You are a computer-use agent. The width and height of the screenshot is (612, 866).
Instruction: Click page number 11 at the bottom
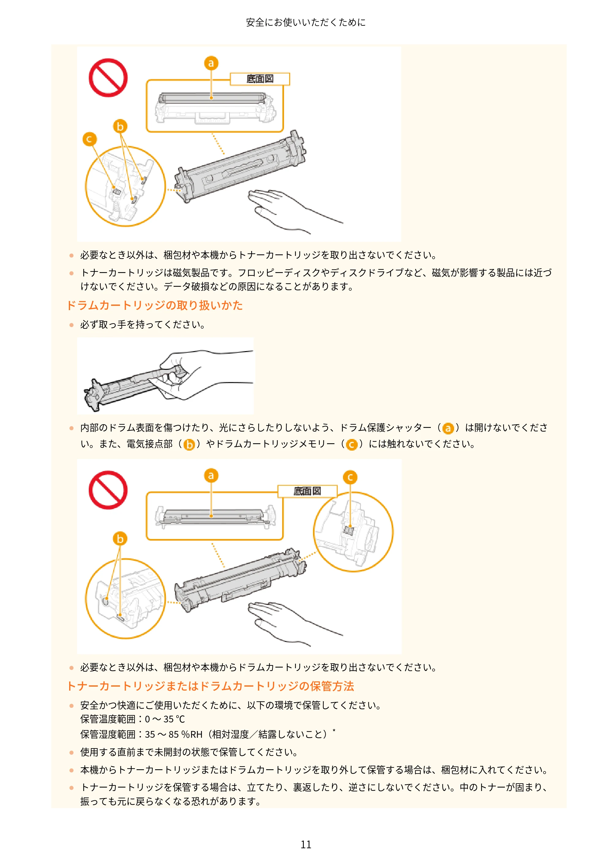pos(306,845)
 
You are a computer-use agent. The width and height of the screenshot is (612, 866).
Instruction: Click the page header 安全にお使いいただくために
pos(306,23)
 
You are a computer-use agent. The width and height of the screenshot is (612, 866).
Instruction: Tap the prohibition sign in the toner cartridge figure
pos(108,78)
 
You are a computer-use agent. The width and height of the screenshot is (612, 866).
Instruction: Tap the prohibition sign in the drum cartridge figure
pos(108,490)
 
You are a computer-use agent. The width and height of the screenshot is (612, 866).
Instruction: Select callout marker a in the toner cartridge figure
pos(211,63)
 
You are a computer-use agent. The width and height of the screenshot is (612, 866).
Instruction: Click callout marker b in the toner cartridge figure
pos(120,126)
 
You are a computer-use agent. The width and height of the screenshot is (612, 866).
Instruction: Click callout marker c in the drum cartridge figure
pos(350,478)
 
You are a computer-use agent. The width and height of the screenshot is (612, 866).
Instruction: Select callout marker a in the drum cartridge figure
pos(211,475)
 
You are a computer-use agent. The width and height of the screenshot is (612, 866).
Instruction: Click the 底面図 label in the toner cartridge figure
pos(260,79)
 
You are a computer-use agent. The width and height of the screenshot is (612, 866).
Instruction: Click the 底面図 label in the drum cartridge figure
pos(307,491)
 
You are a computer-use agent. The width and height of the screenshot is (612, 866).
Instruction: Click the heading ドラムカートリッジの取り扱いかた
pos(155,305)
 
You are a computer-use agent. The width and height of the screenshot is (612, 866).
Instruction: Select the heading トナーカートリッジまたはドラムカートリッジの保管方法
pos(211,686)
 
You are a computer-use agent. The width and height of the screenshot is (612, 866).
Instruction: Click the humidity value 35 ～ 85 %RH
pos(174,734)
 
